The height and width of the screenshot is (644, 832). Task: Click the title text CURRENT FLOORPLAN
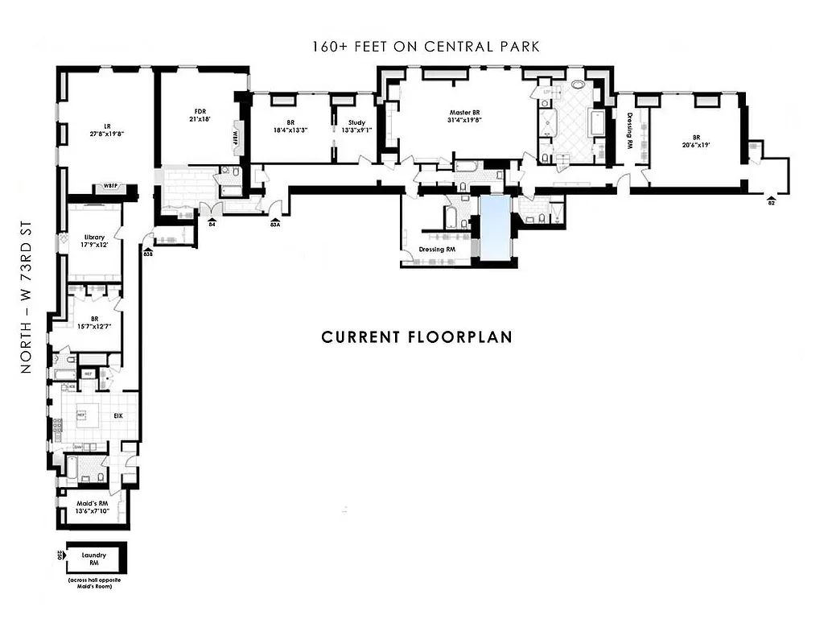tap(417, 336)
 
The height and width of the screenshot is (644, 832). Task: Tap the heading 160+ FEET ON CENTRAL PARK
tap(426, 47)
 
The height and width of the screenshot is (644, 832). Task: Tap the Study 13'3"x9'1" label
tap(356, 126)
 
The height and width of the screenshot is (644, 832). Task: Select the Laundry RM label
tap(94, 559)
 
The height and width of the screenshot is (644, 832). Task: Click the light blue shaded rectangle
tap(494, 228)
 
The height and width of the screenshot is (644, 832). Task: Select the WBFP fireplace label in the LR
tap(111, 188)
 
